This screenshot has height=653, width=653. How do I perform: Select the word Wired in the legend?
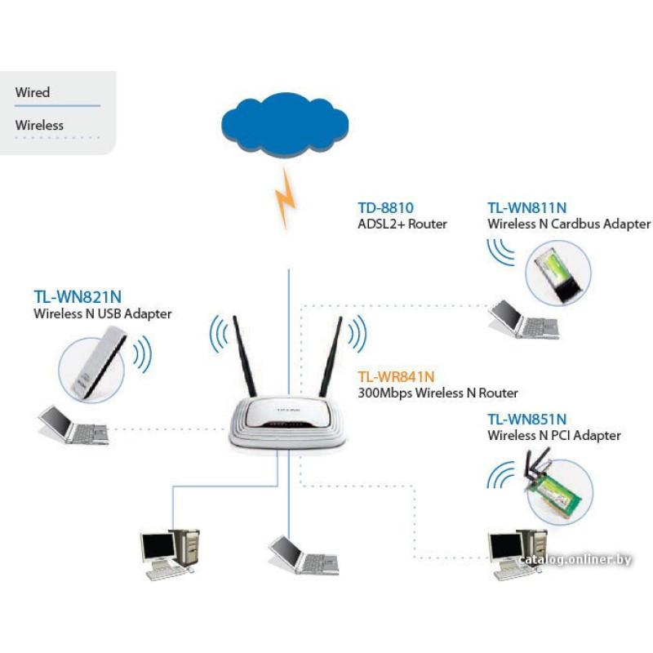click(x=33, y=92)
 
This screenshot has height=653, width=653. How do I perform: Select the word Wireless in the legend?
click(x=39, y=126)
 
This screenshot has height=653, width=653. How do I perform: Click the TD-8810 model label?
click(x=385, y=207)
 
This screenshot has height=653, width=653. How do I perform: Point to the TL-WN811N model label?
click(x=526, y=207)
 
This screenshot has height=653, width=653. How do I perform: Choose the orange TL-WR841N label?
click(x=396, y=376)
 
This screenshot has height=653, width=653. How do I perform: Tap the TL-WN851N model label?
click(x=526, y=420)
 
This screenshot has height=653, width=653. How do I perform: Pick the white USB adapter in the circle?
click(x=97, y=364)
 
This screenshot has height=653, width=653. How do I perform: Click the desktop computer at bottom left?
click(x=168, y=553)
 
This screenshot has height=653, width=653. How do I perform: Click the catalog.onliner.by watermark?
click(x=575, y=559)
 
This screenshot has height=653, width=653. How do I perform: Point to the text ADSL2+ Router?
click(x=402, y=224)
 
